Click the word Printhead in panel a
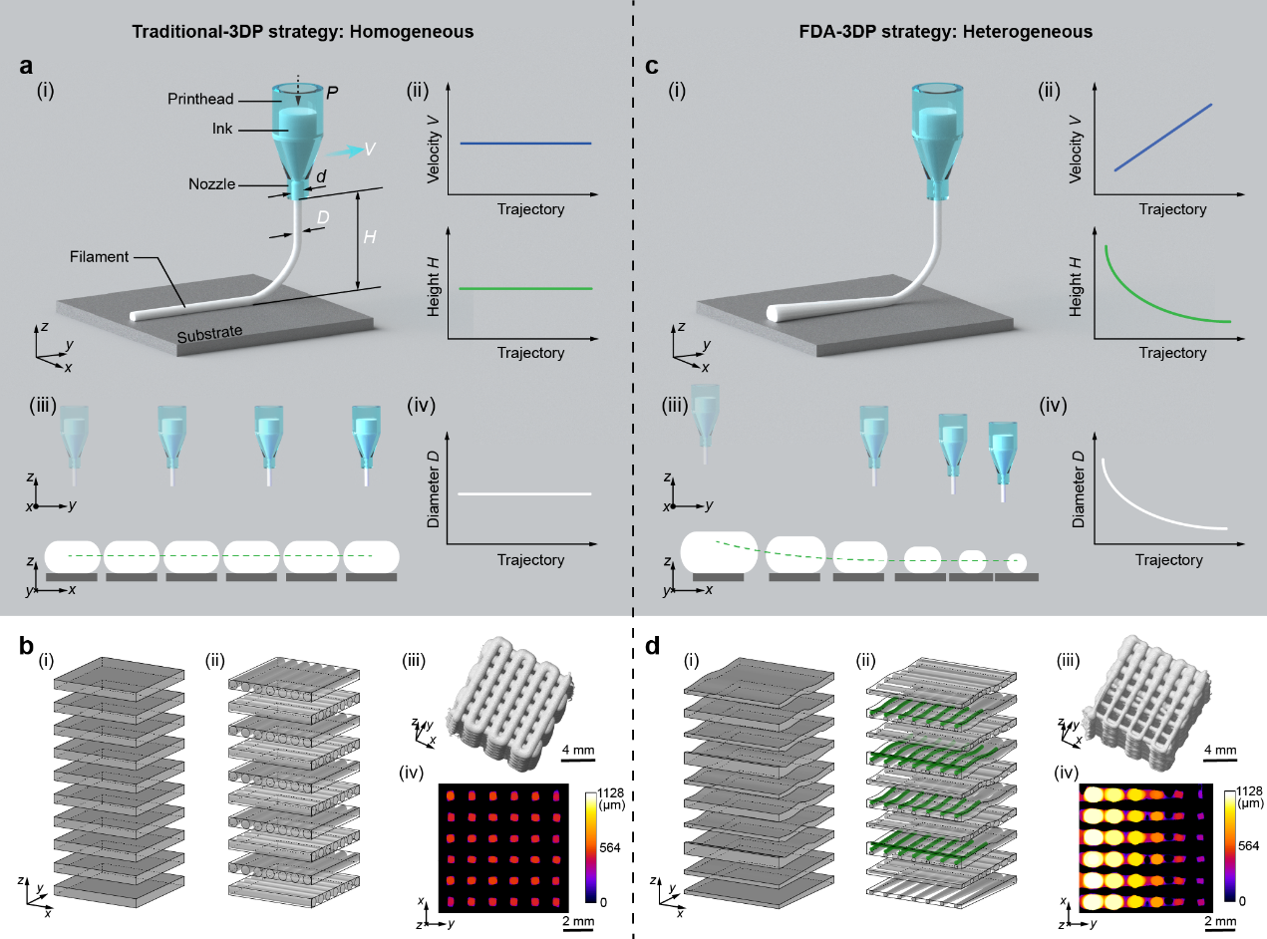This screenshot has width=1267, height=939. (200, 99)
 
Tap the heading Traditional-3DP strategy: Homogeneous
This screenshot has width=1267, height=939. (303, 32)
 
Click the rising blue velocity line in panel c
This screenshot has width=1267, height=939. (1162, 138)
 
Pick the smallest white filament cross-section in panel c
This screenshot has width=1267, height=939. (1017, 563)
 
